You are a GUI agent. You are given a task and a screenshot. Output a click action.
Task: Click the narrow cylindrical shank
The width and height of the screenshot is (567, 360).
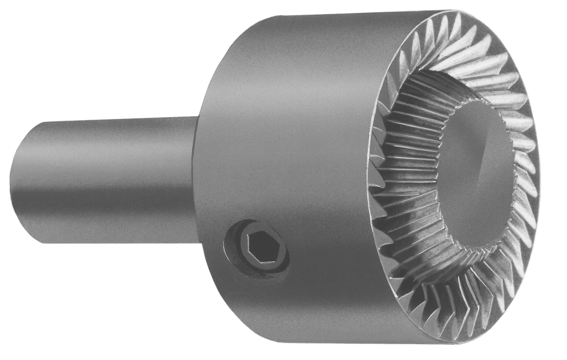pos(106,180)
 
